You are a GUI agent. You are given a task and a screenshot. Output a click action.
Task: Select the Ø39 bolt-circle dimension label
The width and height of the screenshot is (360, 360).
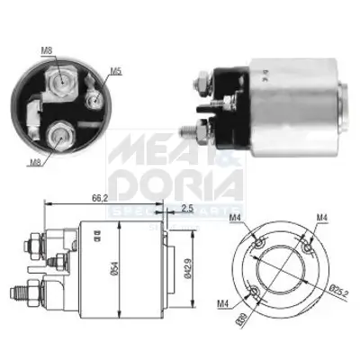click(267, 320)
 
